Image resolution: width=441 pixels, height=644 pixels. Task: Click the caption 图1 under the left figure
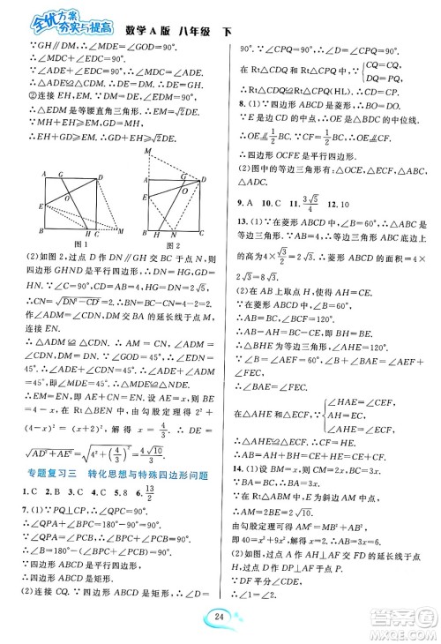point(80,244)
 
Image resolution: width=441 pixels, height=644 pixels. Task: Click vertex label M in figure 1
point(119,232)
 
